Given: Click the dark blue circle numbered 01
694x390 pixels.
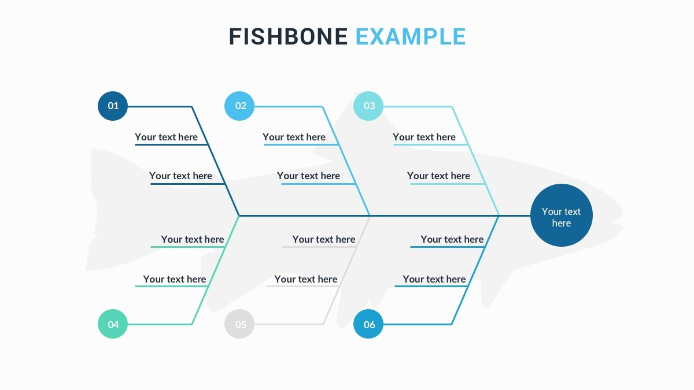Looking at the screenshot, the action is (x=113, y=106).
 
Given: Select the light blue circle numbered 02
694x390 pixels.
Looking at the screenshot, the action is (x=239, y=106).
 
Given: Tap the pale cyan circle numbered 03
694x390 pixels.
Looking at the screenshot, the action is (x=368, y=106).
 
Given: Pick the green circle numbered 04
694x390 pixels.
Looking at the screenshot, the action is (x=113, y=324).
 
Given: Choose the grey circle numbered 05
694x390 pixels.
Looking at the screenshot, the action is (x=239, y=324).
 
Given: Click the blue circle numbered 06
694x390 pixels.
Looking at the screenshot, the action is (x=368, y=324).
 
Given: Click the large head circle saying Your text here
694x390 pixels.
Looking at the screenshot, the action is (x=562, y=215).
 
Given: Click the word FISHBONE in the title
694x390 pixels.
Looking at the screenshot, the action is (x=289, y=36).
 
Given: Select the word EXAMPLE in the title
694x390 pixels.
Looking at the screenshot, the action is (x=411, y=36).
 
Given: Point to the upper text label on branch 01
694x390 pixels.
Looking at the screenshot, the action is (x=166, y=137).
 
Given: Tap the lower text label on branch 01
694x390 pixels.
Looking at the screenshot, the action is (x=180, y=176).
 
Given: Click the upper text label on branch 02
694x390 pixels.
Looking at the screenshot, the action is (x=294, y=137).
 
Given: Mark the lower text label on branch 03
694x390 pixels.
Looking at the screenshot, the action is (x=438, y=176).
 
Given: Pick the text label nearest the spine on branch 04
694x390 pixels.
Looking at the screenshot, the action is (x=193, y=239).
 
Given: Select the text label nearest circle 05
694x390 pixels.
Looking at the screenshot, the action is (x=306, y=279).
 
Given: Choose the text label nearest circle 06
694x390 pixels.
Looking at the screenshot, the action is (x=434, y=279).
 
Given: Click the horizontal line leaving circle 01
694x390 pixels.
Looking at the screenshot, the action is (x=160, y=106).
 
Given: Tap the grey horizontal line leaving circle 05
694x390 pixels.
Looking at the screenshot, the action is (x=289, y=324).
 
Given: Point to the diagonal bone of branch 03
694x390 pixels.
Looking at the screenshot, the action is (x=475, y=161).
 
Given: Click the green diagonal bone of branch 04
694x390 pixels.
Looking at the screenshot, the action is (x=215, y=270).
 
